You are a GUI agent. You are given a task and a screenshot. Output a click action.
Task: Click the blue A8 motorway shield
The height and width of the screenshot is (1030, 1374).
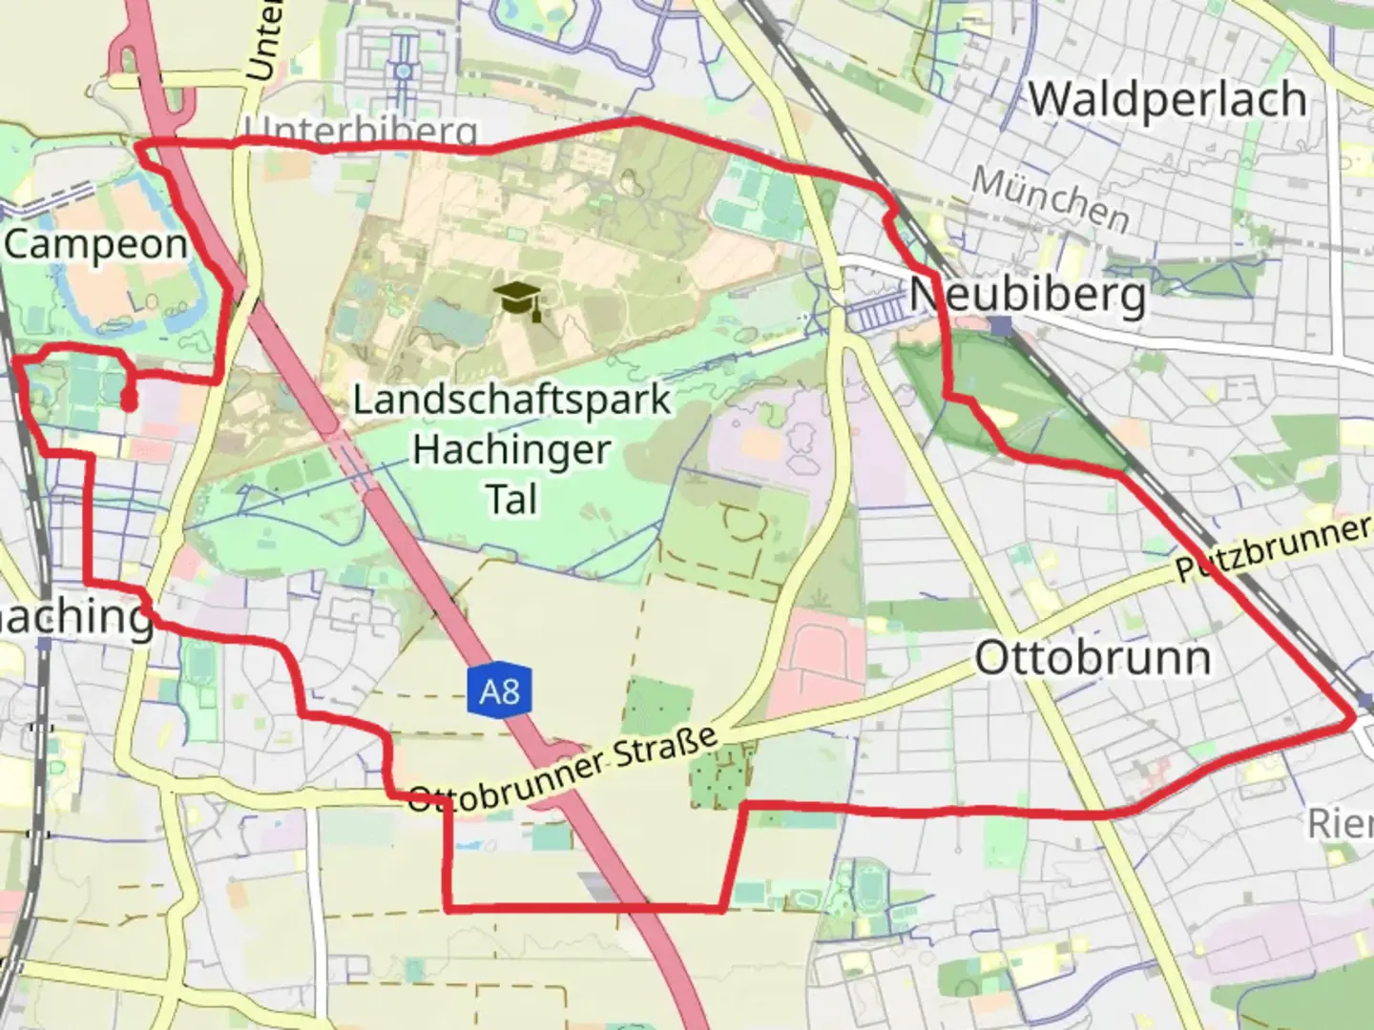coord(499,689)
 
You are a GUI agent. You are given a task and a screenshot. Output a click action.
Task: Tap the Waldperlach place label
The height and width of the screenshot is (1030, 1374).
coord(1167,99)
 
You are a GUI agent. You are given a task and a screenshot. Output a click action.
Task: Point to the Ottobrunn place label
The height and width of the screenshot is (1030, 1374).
coord(1093,658)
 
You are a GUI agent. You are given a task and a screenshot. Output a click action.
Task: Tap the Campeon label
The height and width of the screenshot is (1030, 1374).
coord(95,244)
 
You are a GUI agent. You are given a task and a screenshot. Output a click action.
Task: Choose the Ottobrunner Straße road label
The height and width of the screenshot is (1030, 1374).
coord(562,769)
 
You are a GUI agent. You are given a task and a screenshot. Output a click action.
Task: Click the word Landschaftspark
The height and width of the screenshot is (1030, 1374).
coord(512,400)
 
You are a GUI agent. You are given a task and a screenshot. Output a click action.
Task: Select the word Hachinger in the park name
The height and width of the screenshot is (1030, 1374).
coord(511,449)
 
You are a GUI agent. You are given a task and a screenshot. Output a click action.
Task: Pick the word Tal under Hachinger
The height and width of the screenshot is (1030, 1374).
coord(512,499)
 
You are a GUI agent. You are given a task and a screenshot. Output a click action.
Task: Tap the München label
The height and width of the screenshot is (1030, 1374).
coord(1050,198)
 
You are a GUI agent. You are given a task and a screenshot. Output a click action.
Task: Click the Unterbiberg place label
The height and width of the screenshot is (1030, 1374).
coord(360,131)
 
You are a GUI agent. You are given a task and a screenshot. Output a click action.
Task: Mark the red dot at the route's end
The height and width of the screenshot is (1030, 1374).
coord(128,402)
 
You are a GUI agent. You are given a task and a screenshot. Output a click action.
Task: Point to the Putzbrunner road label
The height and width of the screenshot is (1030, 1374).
coord(1273,549)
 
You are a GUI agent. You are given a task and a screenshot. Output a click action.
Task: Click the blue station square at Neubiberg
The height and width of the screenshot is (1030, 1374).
coord(1000,326)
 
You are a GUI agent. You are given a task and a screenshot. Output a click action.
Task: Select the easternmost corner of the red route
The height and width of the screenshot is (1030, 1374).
coord(1353,714)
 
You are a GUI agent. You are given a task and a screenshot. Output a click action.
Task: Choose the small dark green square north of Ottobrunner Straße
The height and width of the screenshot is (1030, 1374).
coord(657,707)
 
